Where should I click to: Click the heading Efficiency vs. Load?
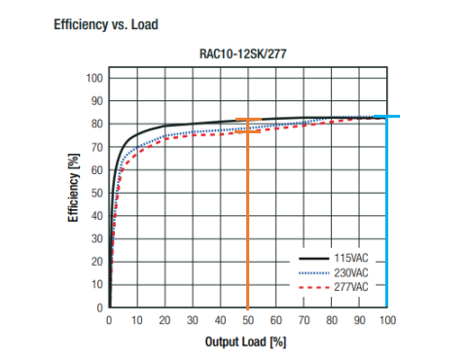pyautogui.click(x=106, y=24)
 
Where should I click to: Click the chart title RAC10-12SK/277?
pyautogui.click(x=243, y=54)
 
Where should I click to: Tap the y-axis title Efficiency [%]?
pyautogui.click(x=73, y=188)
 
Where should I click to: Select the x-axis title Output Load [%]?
pyautogui.click(x=245, y=342)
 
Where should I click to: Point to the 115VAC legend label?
pyautogui.click(x=351, y=258)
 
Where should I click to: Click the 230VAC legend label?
pyautogui.click(x=351, y=272)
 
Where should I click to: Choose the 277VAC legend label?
pyautogui.click(x=351, y=287)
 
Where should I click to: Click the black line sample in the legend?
pyautogui.click(x=313, y=259)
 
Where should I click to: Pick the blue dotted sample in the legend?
pyautogui.click(x=313, y=273)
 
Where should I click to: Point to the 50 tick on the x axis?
pyautogui.click(x=248, y=320)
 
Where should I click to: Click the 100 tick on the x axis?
pyautogui.click(x=387, y=320)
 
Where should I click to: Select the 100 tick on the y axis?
pyautogui.click(x=94, y=78)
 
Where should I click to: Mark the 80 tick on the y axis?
pyautogui.click(x=97, y=124)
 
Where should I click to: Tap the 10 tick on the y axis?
pyautogui.click(x=97, y=284)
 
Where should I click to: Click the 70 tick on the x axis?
pyautogui.click(x=304, y=320)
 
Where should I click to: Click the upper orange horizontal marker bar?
pyautogui.click(x=248, y=120)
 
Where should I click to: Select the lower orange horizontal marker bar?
pyautogui.click(x=248, y=131)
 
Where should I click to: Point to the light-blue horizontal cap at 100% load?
pyautogui.click(x=387, y=116)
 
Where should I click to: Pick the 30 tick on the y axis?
pyautogui.click(x=97, y=238)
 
